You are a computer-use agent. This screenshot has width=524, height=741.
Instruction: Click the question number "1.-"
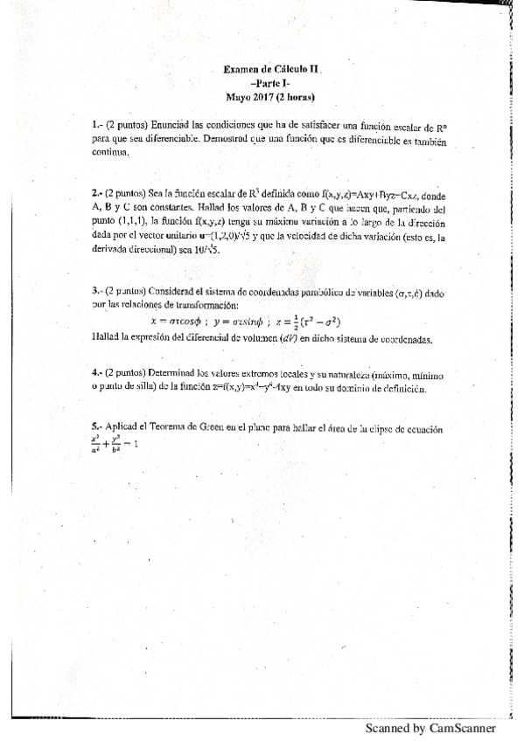96,125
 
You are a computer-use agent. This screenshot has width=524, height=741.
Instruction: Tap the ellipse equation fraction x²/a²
95,445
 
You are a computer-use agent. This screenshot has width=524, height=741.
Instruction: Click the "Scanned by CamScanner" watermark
430,728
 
